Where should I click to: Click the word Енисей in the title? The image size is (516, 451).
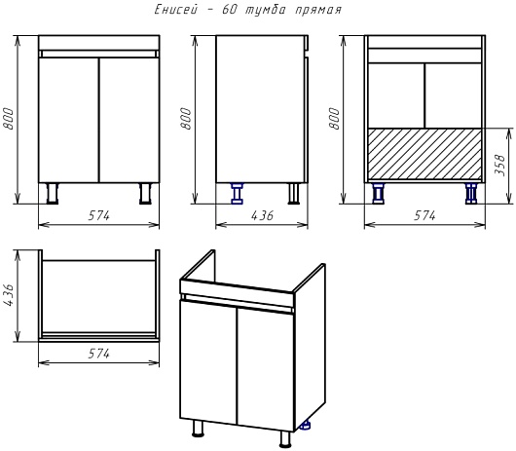pyautogui.click(x=176, y=10)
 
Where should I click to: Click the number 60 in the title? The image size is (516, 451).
pyautogui.click(x=230, y=10)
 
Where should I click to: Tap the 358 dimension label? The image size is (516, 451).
pyautogui.click(x=499, y=165)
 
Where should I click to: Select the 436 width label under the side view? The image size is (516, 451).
pyautogui.click(x=262, y=215)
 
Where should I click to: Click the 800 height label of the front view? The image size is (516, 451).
pyautogui.click(x=9, y=119)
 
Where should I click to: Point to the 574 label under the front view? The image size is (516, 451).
pyautogui.click(x=98, y=215)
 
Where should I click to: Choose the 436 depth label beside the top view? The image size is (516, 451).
pyautogui.click(x=9, y=295)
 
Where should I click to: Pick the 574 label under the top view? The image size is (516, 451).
pyautogui.click(x=98, y=354)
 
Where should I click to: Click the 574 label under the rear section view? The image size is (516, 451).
pyautogui.click(x=424, y=215)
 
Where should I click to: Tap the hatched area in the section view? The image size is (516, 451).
pyautogui.click(x=424, y=154)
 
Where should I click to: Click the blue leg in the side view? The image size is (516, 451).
pyautogui.click(x=237, y=194)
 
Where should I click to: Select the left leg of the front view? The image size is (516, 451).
pyautogui.click(x=52, y=194)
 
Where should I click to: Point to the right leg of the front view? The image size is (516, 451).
pyautogui.click(x=145, y=194)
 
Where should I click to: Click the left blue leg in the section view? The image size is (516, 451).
pyautogui.click(x=378, y=194)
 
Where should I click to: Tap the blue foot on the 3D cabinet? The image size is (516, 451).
pyautogui.click(x=306, y=426)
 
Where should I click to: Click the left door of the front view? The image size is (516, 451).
pyautogui.click(x=69, y=120)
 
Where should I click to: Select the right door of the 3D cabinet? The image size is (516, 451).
pyautogui.click(x=266, y=369)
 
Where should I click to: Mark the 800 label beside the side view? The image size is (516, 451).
pyautogui.click(x=186, y=119)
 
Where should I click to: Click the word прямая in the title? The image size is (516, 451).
pyautogui.click(x=318, y=10)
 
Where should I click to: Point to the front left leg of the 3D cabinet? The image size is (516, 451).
pyautogui.click(x=198, y=428)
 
